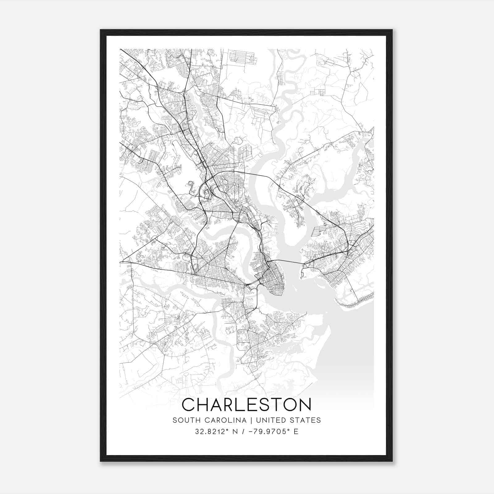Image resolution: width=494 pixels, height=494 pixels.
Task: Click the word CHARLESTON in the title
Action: point(246,405)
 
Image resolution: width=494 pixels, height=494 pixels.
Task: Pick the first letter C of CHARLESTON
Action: point(189,405)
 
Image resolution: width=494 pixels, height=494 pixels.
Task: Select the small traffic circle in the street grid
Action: point(234,184)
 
